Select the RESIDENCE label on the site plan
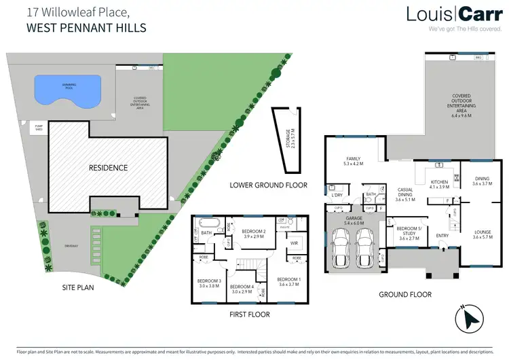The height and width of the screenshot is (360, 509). tap(107, 166)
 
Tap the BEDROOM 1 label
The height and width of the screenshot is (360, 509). tap(288, 280)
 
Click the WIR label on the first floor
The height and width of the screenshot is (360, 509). tap(294, 242)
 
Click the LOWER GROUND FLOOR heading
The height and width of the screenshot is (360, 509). tap(268, 185)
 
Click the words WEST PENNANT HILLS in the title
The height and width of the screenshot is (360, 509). tap(86, 29)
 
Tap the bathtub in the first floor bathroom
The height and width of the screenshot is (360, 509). tap(207, 223)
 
